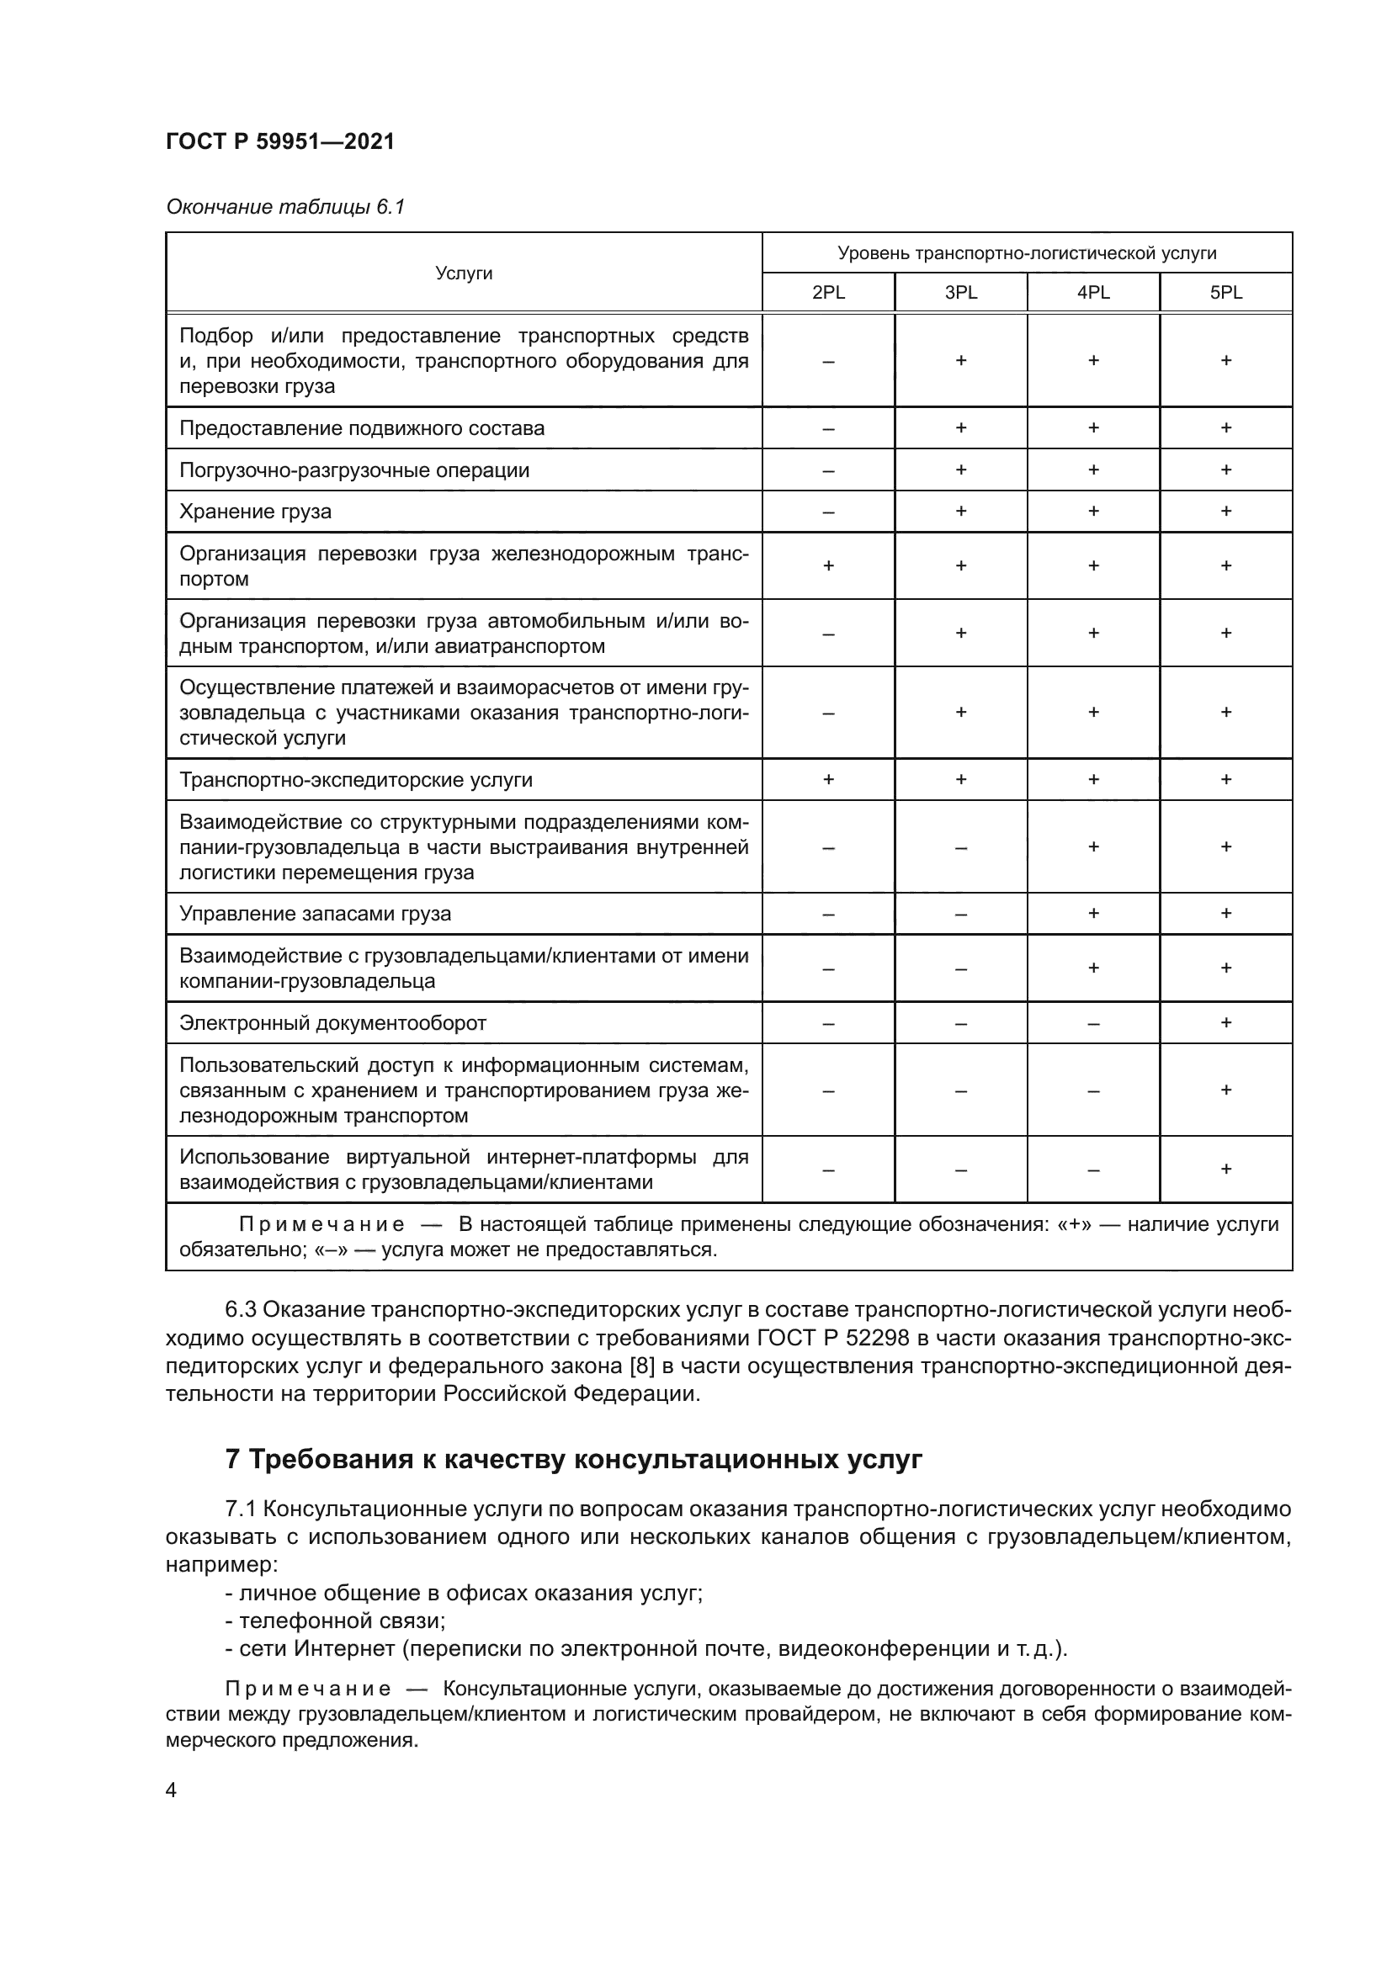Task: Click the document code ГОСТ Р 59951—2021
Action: [280, 141]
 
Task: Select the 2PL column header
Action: [828, 292]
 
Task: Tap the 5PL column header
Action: [1225, 292]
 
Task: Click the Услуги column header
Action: [464, 273]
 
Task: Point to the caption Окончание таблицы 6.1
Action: [284, 207]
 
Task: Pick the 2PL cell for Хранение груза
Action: [828, 512]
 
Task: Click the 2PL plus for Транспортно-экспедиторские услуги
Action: [828, 779]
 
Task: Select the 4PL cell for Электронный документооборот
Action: [1093, 1023]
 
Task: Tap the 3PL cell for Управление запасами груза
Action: [961, 914]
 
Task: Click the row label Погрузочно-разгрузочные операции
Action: [354, 470]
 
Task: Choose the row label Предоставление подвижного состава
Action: [362, 428]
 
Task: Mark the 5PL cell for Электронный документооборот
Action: [1225, 1022]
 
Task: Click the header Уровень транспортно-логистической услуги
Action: [1027, 253]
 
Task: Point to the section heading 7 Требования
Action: [573, 1459]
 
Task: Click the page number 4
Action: [172, 1790]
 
